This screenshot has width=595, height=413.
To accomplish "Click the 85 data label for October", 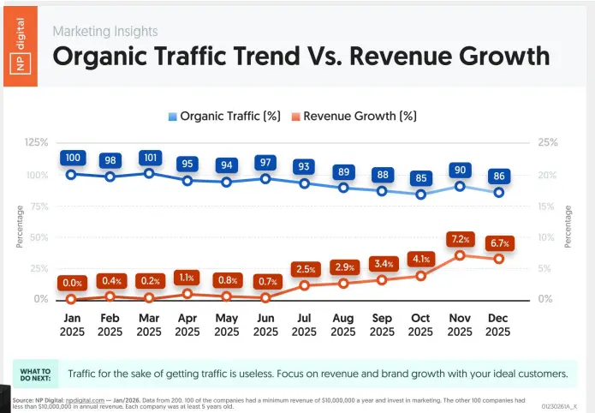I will [420, 179].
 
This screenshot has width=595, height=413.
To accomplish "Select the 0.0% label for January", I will [71, 283].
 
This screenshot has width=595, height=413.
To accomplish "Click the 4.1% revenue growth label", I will [420, 258].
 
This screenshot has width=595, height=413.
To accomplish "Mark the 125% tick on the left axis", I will [35, 141].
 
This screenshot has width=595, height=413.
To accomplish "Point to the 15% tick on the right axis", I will [545, 206].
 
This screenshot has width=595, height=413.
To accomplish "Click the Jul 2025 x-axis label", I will [304, 324].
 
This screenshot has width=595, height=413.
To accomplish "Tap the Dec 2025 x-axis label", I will [498, 324].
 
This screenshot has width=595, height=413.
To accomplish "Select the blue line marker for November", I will [460, 186].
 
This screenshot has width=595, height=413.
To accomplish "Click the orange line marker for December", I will [498, 259].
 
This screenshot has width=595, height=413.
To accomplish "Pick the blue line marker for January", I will [71, 174].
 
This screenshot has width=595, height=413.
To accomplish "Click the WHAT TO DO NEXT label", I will [35, 374].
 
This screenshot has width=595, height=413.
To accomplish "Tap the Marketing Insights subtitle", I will [105, 31].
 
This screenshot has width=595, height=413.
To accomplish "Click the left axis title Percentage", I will [19, 226].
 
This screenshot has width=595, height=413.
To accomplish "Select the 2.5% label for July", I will [304, 269].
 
